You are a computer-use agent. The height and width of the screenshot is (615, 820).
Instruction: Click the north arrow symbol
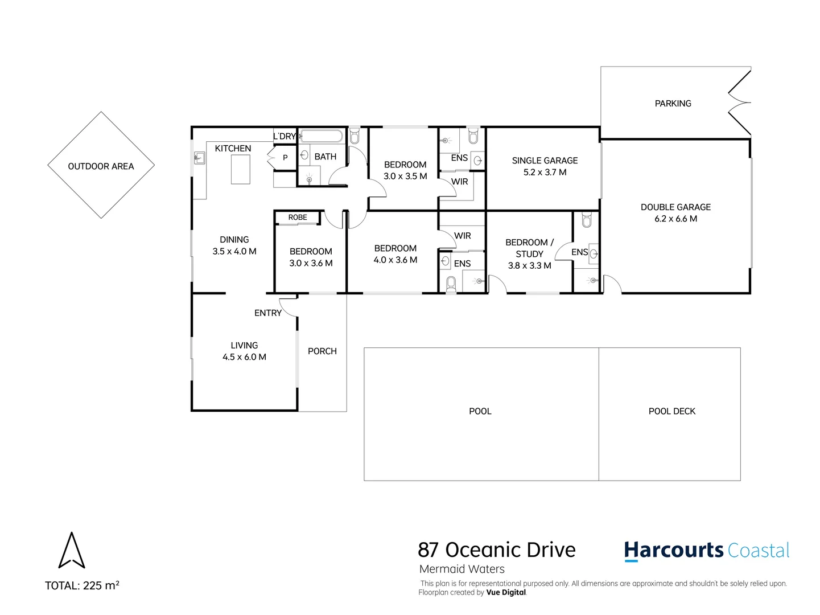point(72,551)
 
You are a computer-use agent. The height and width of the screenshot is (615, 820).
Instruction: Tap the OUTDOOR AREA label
point(101,166)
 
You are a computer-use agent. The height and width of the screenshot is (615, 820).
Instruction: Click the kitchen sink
point(199,158)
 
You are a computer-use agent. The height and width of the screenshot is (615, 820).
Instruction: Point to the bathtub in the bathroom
point(322,136)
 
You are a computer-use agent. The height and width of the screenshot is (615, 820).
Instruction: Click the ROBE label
point(297,218)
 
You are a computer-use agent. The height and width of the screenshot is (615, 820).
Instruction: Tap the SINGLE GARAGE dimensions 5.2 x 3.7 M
point(545,172)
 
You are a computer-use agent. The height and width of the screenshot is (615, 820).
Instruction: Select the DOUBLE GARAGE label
point(675,207)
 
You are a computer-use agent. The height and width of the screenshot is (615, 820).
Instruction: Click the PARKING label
point(673,104)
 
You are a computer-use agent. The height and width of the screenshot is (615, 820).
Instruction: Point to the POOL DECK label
point(671,411)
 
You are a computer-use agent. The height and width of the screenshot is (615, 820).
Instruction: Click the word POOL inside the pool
point(480,411)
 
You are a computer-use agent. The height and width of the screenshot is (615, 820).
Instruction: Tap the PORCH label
point(322,351)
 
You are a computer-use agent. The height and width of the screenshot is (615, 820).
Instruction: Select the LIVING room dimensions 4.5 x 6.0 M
point(244,357)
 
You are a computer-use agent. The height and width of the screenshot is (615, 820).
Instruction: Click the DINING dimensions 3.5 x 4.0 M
point(234,251)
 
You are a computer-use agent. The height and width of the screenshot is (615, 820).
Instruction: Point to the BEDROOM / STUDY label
point(529,248)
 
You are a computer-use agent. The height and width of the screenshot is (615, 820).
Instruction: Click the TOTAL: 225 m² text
point(82,585)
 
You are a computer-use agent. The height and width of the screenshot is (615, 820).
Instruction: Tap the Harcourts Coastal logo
point(706,551)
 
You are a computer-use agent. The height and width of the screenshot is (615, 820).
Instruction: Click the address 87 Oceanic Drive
point(496,550)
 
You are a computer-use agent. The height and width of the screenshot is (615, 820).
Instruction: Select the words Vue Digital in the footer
point(506,592)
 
